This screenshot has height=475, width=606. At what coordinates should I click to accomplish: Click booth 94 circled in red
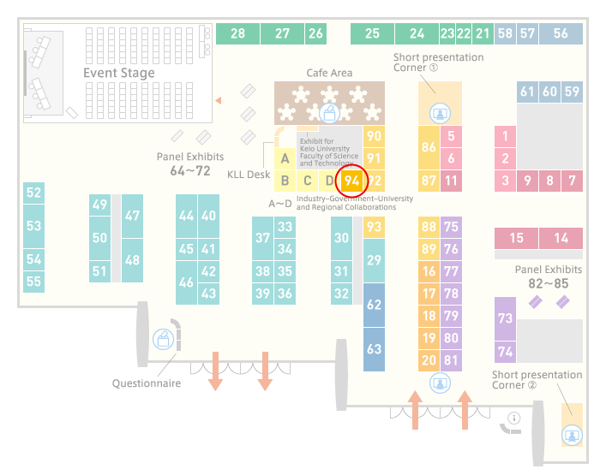[351, 181]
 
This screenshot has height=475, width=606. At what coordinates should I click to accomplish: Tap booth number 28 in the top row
[237, 33]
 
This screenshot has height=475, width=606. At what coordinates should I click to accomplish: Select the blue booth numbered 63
[374, 349]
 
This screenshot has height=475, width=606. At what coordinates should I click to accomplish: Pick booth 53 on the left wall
[33, 226]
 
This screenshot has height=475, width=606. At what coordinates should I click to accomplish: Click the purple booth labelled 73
[505, 318]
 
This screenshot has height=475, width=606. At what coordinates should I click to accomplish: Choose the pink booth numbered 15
[516, 238]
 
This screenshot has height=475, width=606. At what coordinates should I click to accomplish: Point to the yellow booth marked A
[285, 158]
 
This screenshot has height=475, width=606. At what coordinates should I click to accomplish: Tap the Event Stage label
[119, 73]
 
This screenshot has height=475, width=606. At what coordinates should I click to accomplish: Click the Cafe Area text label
[329, 73]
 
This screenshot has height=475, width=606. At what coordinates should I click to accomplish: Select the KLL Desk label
[249, 175]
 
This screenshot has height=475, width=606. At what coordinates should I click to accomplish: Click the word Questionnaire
[147, 383]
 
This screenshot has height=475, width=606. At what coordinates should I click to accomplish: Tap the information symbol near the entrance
[514, 418]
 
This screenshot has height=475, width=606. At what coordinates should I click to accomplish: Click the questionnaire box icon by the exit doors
[163, 340]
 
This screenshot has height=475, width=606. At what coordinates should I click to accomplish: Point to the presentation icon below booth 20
[440, 383]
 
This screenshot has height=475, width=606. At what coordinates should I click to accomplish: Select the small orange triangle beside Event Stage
[219, 101]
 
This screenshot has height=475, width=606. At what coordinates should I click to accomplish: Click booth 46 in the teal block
[186, 282]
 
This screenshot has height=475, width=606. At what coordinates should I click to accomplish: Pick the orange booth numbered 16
[429, 271]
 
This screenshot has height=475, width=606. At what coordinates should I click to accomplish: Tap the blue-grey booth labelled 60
[549, 92]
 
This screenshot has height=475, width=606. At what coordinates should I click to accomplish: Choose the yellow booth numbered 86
[429, 147]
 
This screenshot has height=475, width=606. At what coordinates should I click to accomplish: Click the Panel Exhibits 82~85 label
[549, 276]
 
